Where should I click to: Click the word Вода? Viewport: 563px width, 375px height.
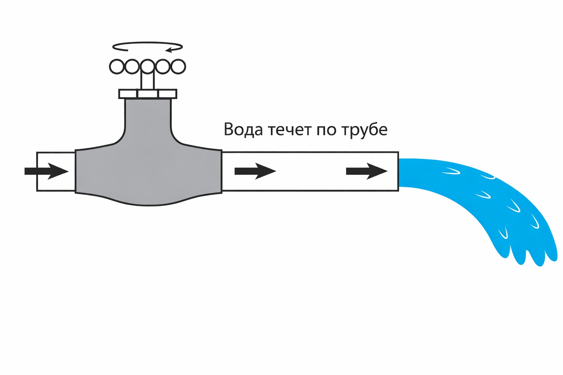tap(243, 129)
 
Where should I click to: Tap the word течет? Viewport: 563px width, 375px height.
tap(290, 130)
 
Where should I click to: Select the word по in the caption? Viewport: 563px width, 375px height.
tap(326, 130)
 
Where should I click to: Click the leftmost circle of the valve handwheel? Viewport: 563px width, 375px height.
tap(117, 67)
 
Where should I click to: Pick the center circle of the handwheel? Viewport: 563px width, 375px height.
tap(147, 67)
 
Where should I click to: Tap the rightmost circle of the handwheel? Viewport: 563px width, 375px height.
tap(178, 67)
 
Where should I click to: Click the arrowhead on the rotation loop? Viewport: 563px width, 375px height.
tap(169, 50)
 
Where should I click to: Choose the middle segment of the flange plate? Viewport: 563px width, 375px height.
tap(148, 94)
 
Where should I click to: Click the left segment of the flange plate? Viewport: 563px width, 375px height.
tap(128, 94)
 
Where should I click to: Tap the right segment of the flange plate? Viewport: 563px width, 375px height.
tap(168, 94)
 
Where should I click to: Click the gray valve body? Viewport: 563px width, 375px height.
tap(148, 172)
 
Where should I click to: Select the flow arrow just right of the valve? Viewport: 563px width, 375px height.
tap(255, 171)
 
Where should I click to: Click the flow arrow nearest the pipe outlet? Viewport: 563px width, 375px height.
tap(367, 171)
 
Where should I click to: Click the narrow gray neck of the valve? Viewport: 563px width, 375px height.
tap(148, 117)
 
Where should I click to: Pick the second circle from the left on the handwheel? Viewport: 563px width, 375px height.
tap(132, 67)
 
